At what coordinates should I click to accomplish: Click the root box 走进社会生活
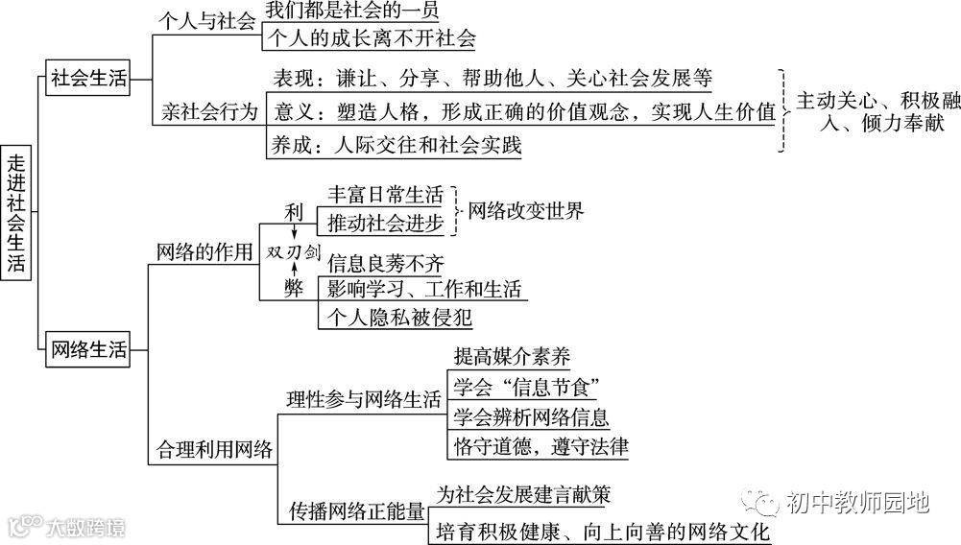pyautogui.click(x=16, y=212)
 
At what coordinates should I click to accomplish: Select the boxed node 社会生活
pyautogui.click(x=87, y=78)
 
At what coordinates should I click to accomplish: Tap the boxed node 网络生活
pyautogui.click(x=87, y=350)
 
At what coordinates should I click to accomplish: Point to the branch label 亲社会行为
pyautogui.click(x=208, y=112)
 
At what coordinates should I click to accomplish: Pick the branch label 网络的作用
pyautogui.click(x=205, y=251)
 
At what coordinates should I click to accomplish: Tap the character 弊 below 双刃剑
pyautogui.click(x=293, y=288)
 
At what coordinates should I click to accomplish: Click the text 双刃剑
pyautogui.click(x=293, y=250)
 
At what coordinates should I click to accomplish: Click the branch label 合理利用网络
pyautogui.click(x=214, y=450)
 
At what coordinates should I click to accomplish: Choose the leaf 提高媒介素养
pyautogui.click(x=512, y=357)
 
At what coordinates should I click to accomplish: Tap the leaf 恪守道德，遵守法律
pyautogui.click(x=541, y=446)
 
